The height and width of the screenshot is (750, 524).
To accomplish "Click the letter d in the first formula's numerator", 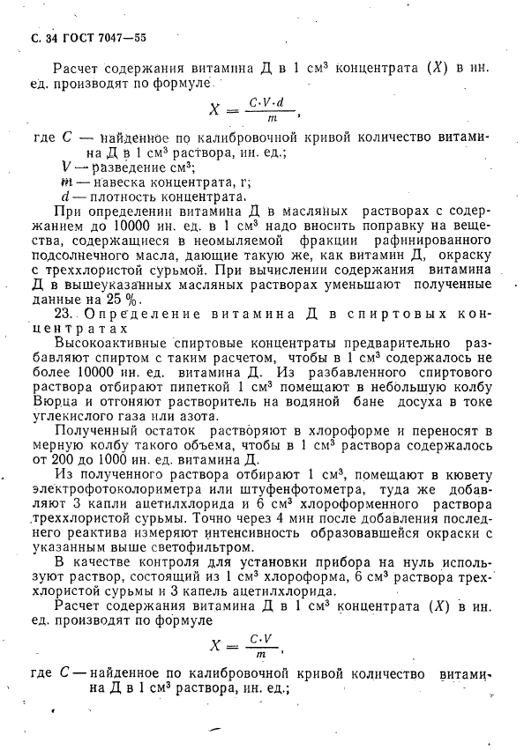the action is pyautogui.click(x=280, y=101).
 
